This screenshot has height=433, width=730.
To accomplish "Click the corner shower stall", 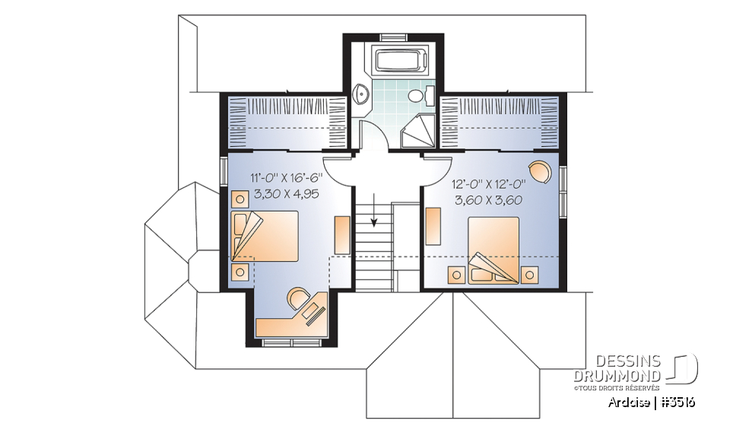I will pyautogui.click(x=419, y=131).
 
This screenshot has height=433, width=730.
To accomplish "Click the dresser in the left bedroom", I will pyautogui.click(x=341, y=235).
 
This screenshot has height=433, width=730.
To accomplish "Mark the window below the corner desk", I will pyautogui.click(x=293, y=343).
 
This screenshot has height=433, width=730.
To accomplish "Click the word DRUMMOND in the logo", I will pyautogui.click(x=617, y=376).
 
